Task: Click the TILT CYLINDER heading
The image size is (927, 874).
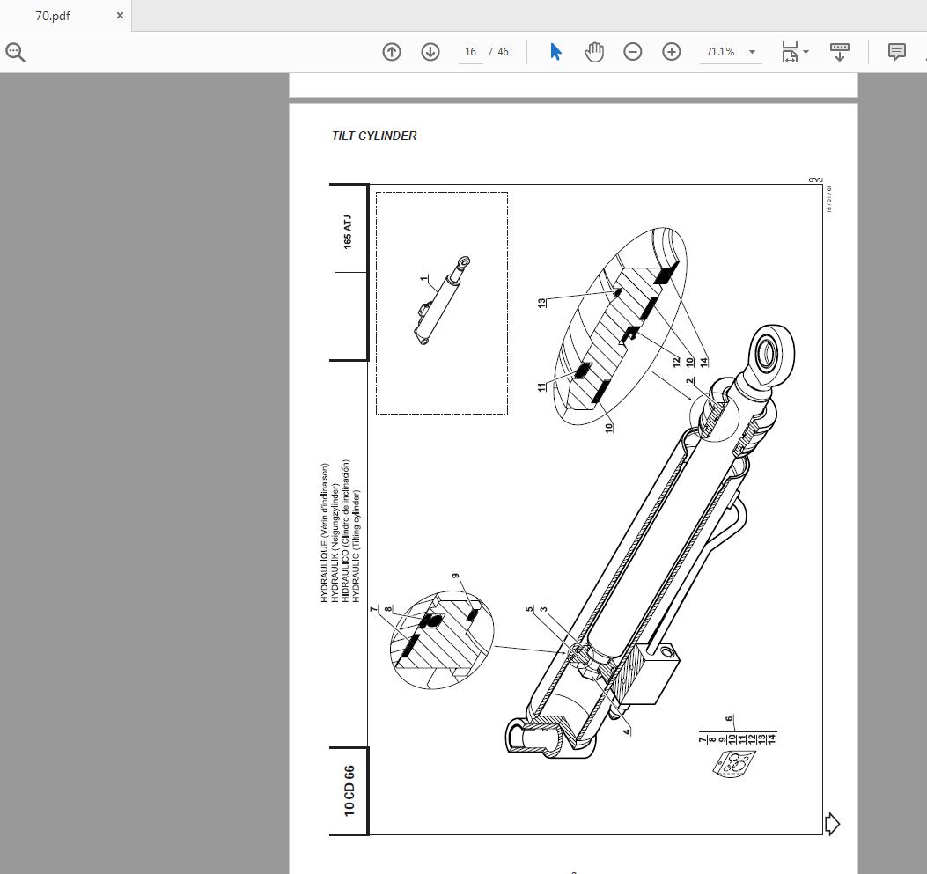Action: (374, 136)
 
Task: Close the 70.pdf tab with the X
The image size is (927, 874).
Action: (121, 16)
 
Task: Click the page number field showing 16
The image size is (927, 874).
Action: (471, 52)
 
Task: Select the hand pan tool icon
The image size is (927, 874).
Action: (594, 52)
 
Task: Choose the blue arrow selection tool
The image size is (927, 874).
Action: (555, 52)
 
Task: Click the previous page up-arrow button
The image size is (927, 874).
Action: (392, 52)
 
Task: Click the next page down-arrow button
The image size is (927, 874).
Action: (430, 52)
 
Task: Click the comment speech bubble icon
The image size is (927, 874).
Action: (896, 52)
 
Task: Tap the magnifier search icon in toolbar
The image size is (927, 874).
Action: (16, 52)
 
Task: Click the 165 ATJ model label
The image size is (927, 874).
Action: (348, 231)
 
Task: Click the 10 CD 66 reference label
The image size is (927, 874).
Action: (349, 790)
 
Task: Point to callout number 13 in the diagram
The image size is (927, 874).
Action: (542, 302)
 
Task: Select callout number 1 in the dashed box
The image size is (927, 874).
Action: (423, 279)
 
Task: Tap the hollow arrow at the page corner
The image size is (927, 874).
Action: (831, 824)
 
